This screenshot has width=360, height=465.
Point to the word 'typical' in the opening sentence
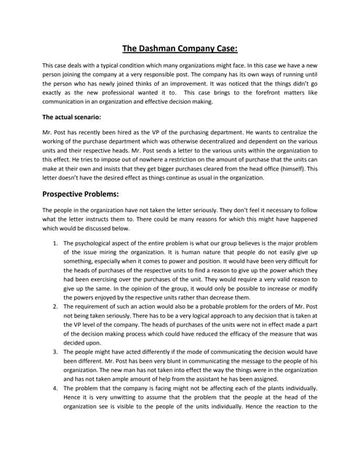tap(114, 65)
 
